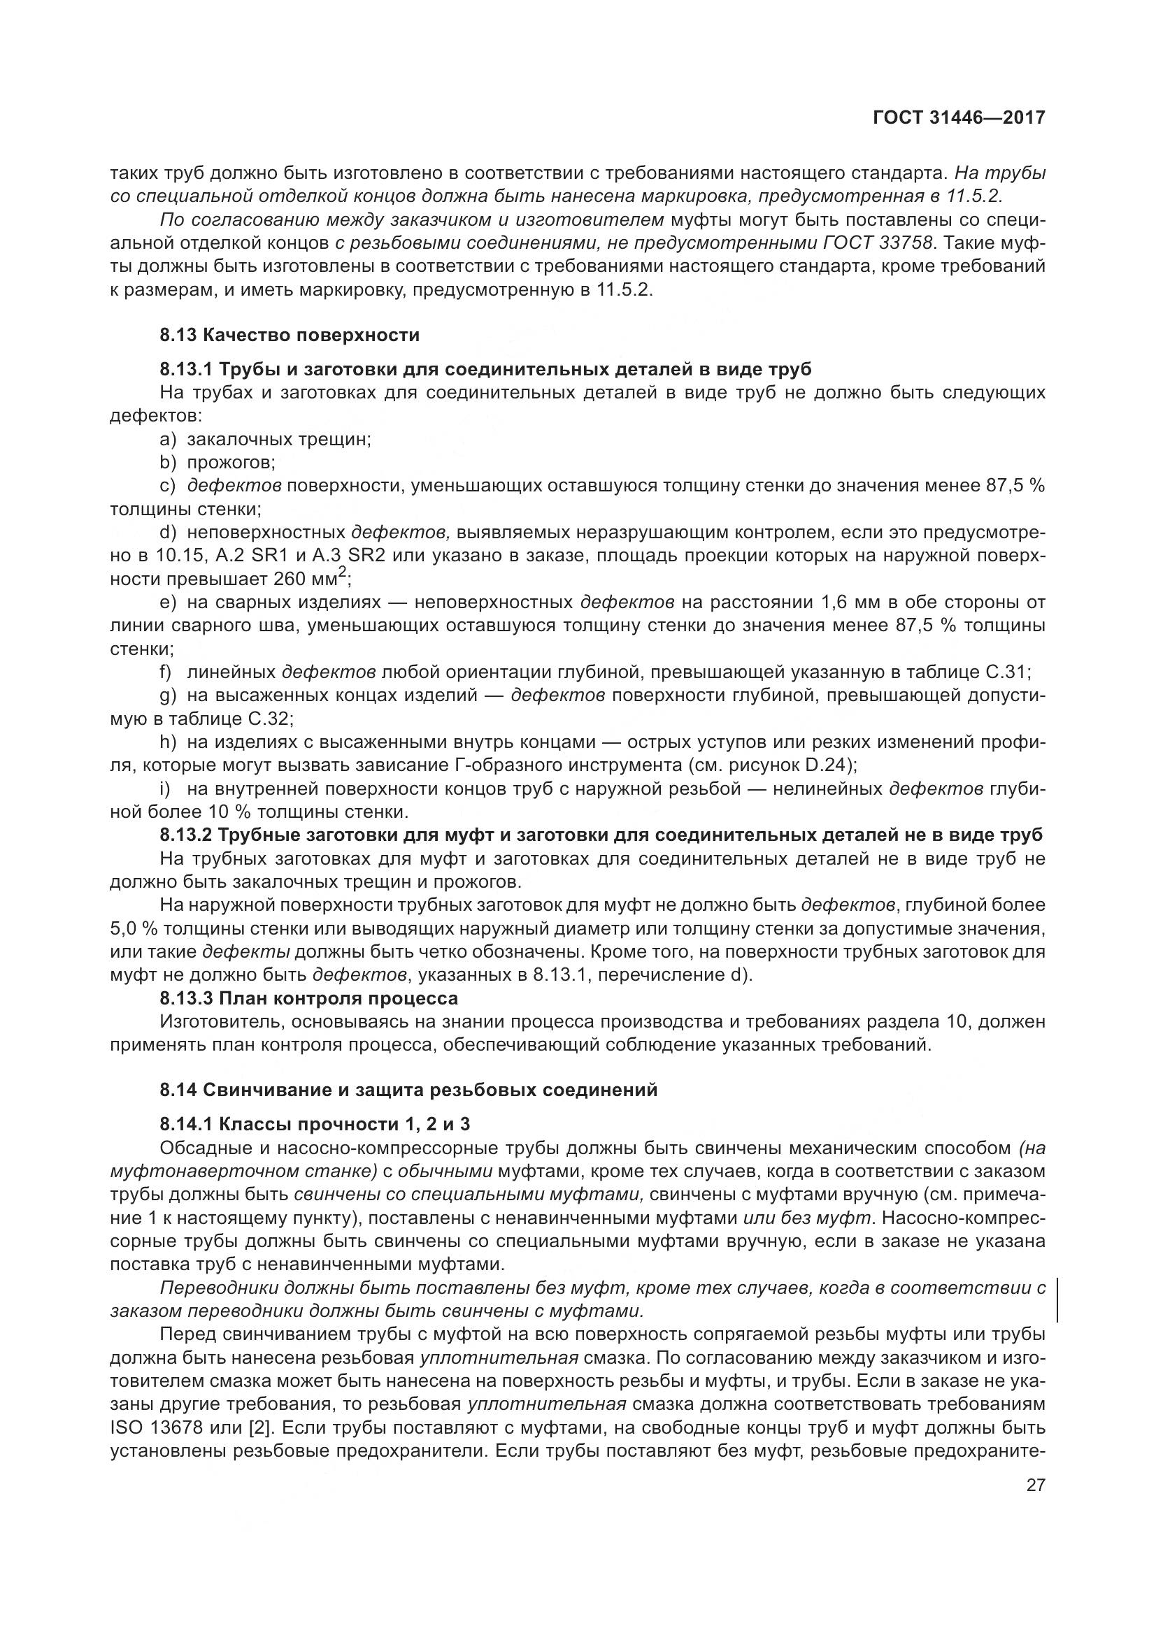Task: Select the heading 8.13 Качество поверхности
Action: [x=290, y=335]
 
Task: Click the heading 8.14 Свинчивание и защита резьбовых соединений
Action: [x=408, y=1090]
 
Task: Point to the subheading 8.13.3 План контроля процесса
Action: [x=308, y=998]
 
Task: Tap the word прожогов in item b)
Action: [x=229, y=463]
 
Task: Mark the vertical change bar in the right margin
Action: [x=1056, y=1299]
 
